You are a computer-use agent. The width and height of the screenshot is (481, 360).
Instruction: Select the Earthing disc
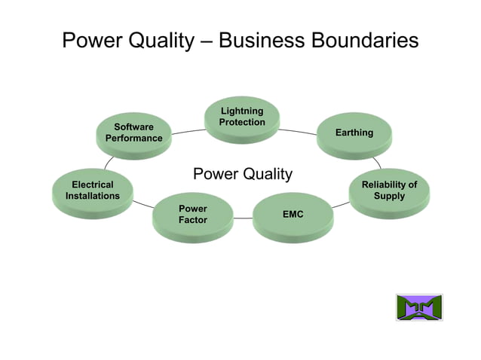pos(354,133)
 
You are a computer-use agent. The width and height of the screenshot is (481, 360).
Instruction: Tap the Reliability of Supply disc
pos(389,191)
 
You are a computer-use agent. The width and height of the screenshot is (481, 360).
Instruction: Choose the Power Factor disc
pos(192,215)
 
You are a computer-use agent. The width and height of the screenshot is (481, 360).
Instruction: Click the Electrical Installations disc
pos(93,191)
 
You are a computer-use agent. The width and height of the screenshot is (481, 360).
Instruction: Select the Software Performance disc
pos(133,133)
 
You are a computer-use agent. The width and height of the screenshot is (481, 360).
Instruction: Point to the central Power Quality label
pos(242,175)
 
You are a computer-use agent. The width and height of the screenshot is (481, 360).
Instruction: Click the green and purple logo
pos(419,307)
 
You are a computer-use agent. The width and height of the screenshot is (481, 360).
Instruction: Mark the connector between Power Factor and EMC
pos(243,218)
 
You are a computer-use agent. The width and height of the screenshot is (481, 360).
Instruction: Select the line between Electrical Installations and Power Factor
pos(142,203)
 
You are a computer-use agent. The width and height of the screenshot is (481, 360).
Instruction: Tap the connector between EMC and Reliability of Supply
pos(340,204)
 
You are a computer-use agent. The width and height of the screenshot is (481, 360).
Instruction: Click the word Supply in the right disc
pos(389,197)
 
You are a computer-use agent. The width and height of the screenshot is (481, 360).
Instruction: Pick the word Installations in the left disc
pos(93,197)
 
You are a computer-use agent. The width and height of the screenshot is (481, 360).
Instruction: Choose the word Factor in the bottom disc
pos(192,221)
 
